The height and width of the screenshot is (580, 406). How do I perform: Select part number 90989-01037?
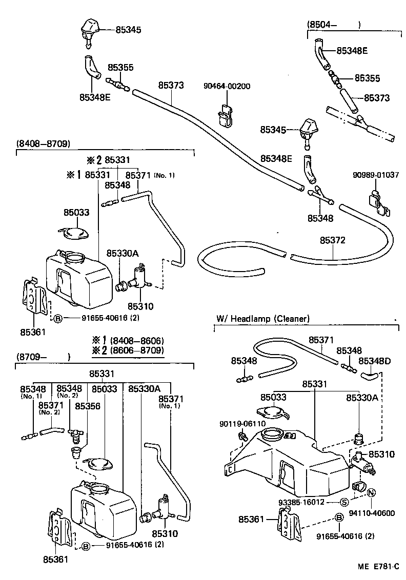[x=376, y=175]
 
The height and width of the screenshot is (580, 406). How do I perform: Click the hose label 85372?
[x=333, y=240]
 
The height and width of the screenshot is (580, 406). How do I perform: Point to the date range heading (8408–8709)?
[x=43, y=143]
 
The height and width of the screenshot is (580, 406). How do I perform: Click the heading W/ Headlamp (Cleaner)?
[x=263, y=318]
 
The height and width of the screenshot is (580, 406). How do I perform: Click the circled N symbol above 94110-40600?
[x=372, y=492]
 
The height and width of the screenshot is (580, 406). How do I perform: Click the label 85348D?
[x=374, y=361]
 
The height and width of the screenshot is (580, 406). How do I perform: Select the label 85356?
[x=88, y=406]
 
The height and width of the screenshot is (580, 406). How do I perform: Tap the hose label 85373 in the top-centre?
[x=171, y=85]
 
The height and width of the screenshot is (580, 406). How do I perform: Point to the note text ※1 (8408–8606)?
[x=128, y=341]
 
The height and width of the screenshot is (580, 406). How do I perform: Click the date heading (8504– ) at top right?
[x=334, y=24]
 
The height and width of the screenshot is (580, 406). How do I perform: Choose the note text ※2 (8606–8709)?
[x=128, y=350]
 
